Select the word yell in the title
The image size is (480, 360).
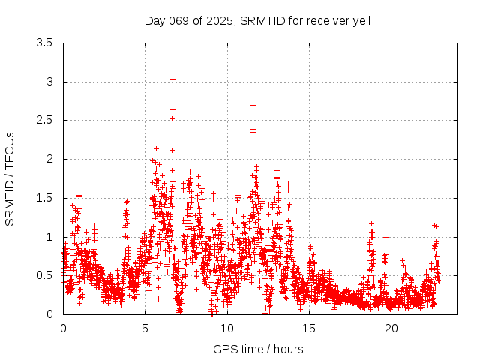coord(360,20)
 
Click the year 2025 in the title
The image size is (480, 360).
coord(218,20)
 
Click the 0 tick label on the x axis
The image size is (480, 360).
coord(63,328)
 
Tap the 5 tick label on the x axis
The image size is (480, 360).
coord(145,328)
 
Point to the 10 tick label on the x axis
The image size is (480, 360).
coord(227,328)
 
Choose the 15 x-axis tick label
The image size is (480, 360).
coord(309,328)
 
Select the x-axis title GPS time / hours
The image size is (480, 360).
coord(257,349)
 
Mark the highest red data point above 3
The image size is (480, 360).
coord(172,79)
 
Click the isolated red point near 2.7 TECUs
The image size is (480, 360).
coord(253,105)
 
